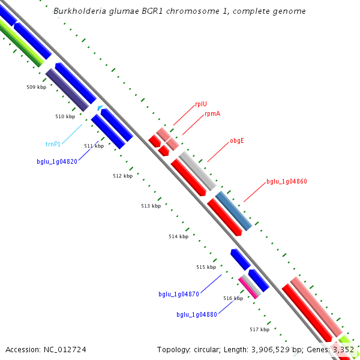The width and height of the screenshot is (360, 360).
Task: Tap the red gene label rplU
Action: (201, 104)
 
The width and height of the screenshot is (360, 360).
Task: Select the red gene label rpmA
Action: (212, 113)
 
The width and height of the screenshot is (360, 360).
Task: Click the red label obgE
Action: (236, 141)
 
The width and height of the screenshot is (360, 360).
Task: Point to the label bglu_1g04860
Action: (286, 181)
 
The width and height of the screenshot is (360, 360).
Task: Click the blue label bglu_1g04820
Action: (56, 161)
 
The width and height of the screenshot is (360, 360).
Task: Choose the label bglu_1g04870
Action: (179, 294)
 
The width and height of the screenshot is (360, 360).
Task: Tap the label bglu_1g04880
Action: (197, 314)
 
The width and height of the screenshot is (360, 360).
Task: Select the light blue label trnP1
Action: (53, 144)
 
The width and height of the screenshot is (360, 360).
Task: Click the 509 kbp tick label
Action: (36, 87)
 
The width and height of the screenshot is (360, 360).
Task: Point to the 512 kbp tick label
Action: (122, 176)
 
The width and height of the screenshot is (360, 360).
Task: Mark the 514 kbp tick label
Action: (178, 236)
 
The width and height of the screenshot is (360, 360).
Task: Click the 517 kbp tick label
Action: (259, 329)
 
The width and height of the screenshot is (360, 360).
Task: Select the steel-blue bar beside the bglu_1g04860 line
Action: (233, 212)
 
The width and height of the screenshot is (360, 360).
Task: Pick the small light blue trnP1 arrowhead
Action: (100, 108)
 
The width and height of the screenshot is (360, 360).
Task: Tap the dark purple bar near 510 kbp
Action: (67, 89)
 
